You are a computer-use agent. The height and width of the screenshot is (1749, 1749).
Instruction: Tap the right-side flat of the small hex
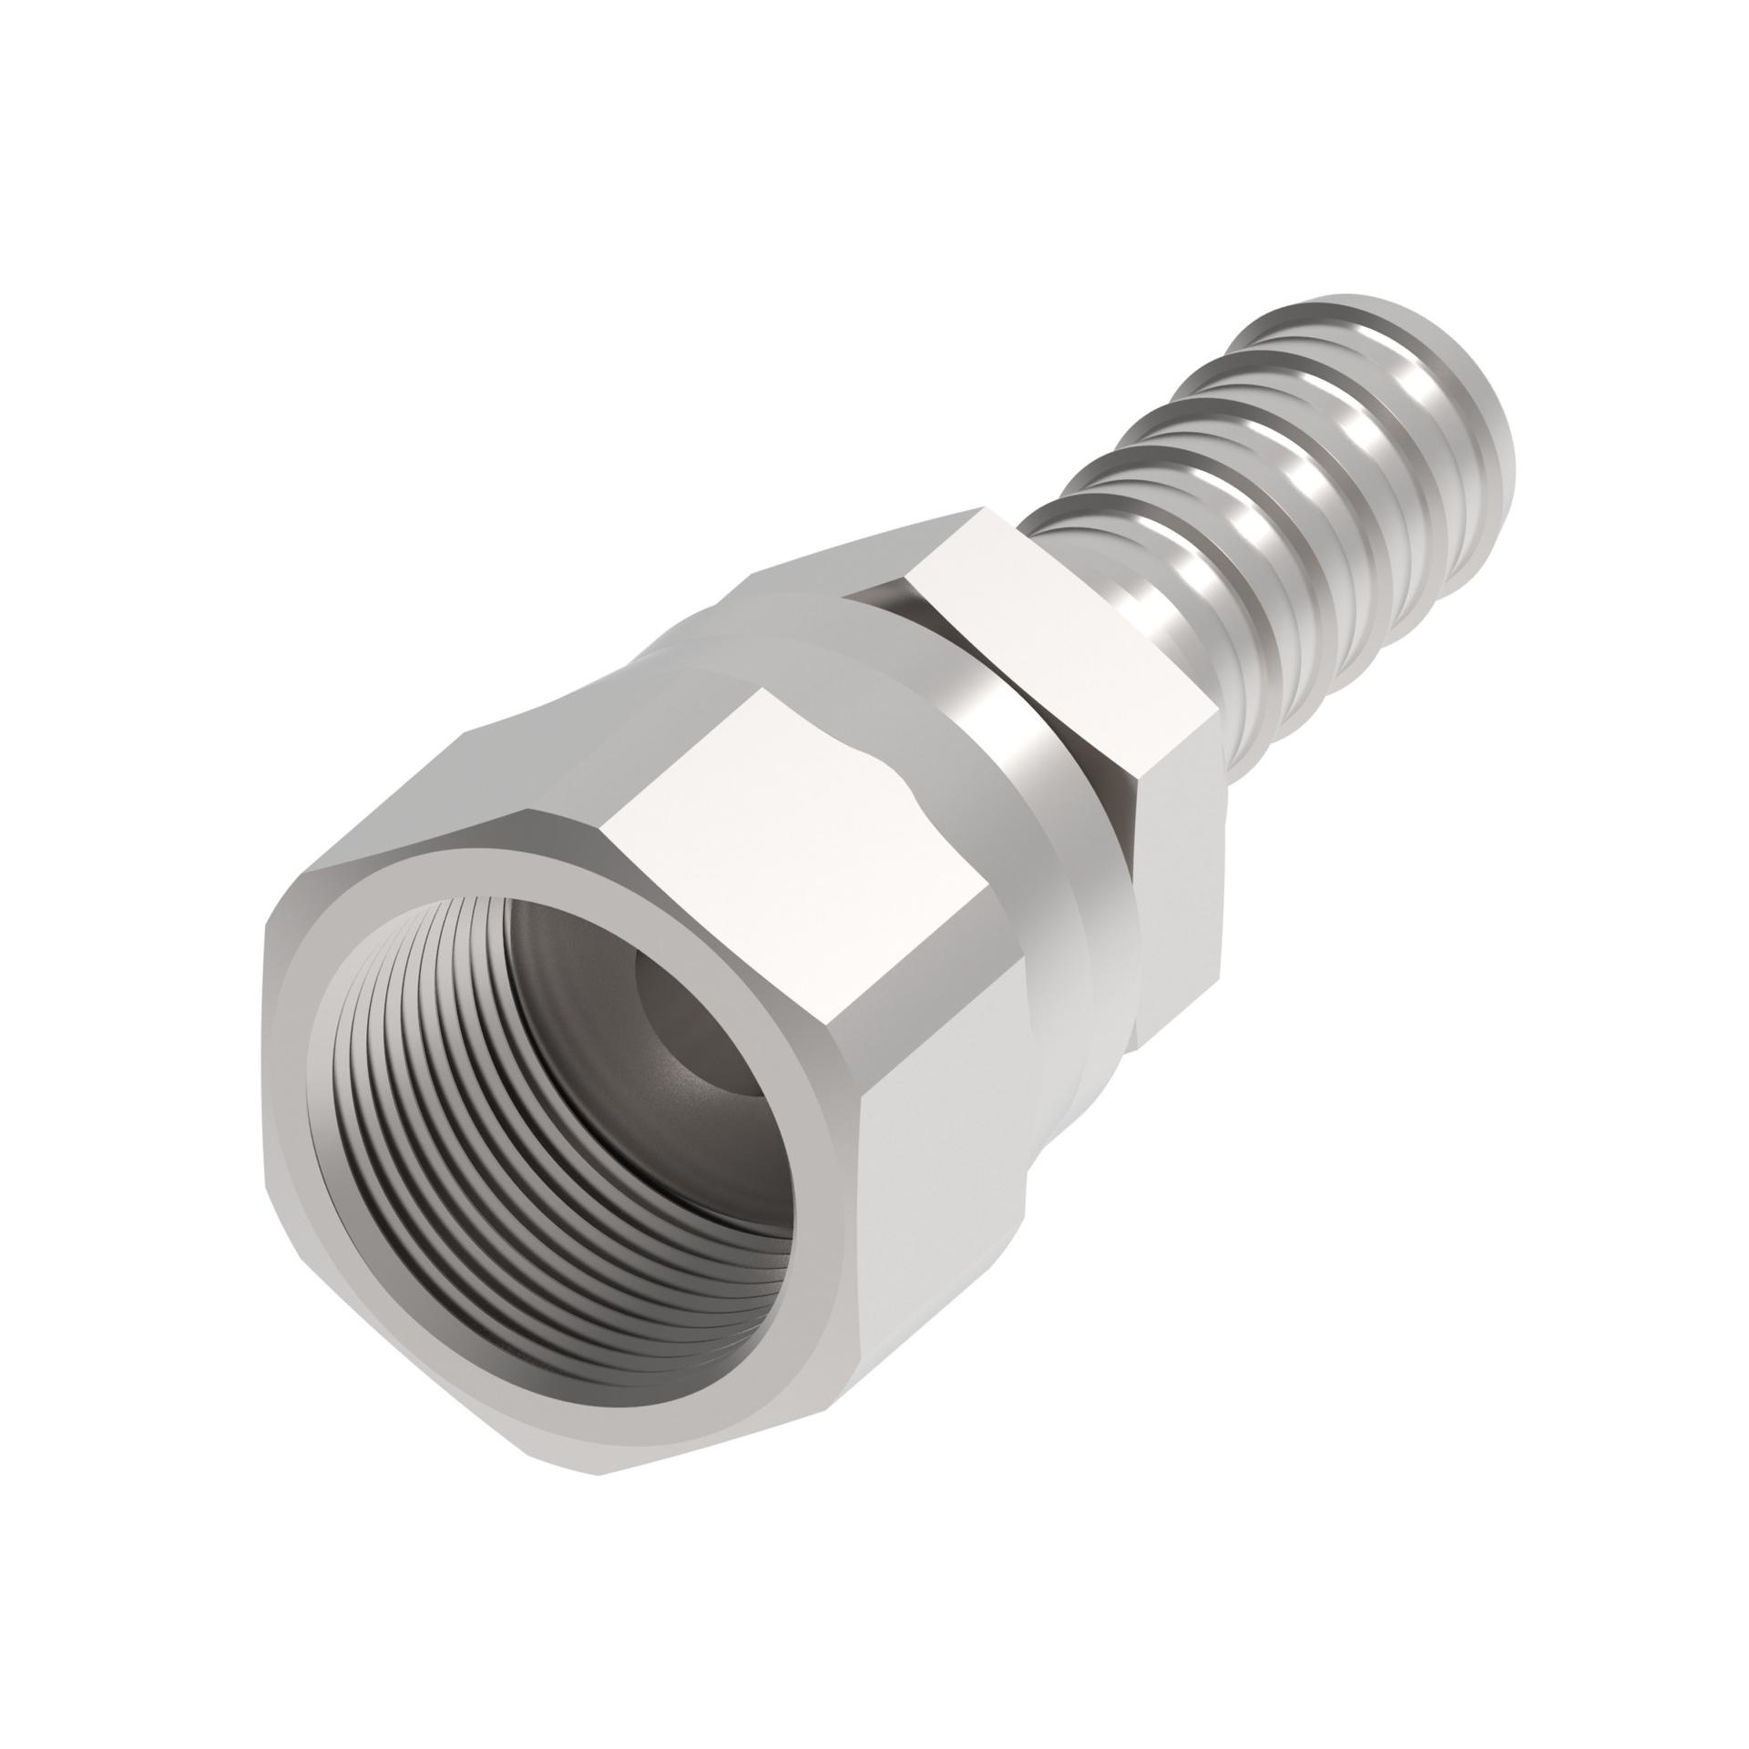[x=1175, y=874]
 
